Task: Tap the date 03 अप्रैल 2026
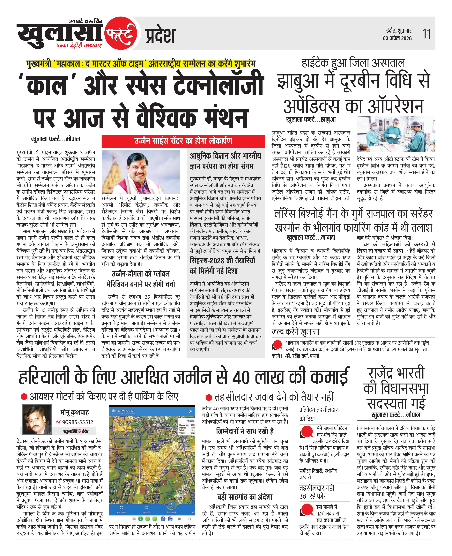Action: (397, 38)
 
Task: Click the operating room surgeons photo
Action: (396, 134)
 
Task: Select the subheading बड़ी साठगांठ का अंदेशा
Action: (245, 497)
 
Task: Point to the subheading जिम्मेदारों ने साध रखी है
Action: (245, 431)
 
